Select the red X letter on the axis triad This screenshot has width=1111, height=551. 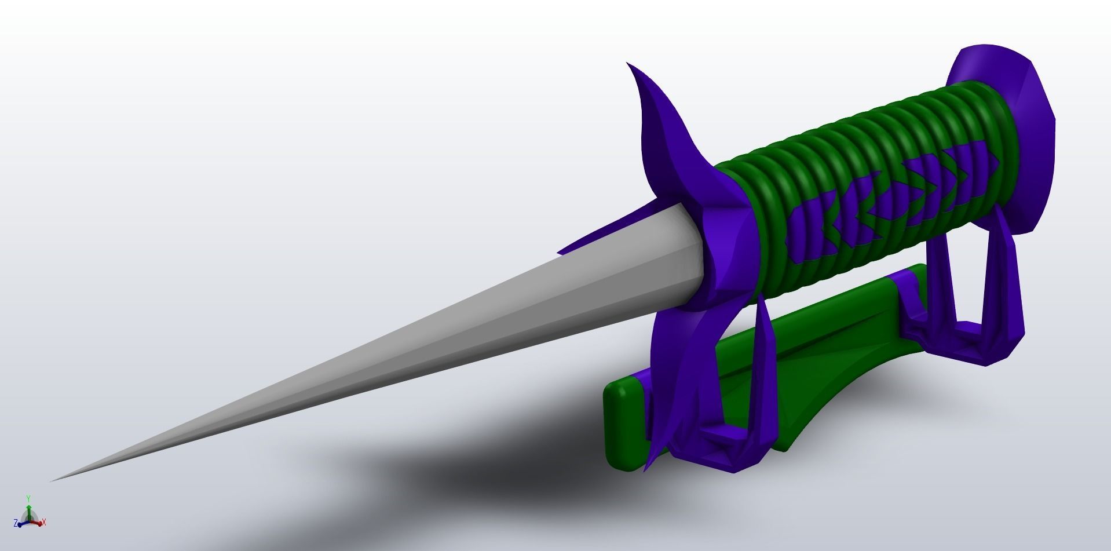click(x=44, y=523)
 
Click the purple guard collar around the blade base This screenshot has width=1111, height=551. click(x=724, y=255)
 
